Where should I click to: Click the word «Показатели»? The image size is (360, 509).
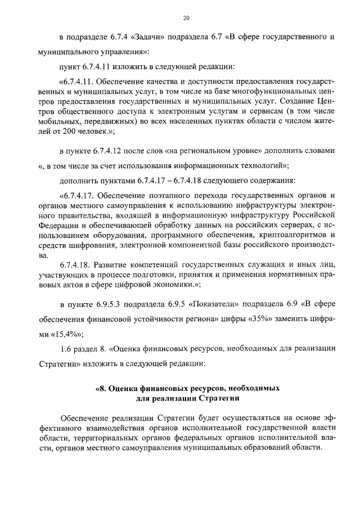[210, 306]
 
